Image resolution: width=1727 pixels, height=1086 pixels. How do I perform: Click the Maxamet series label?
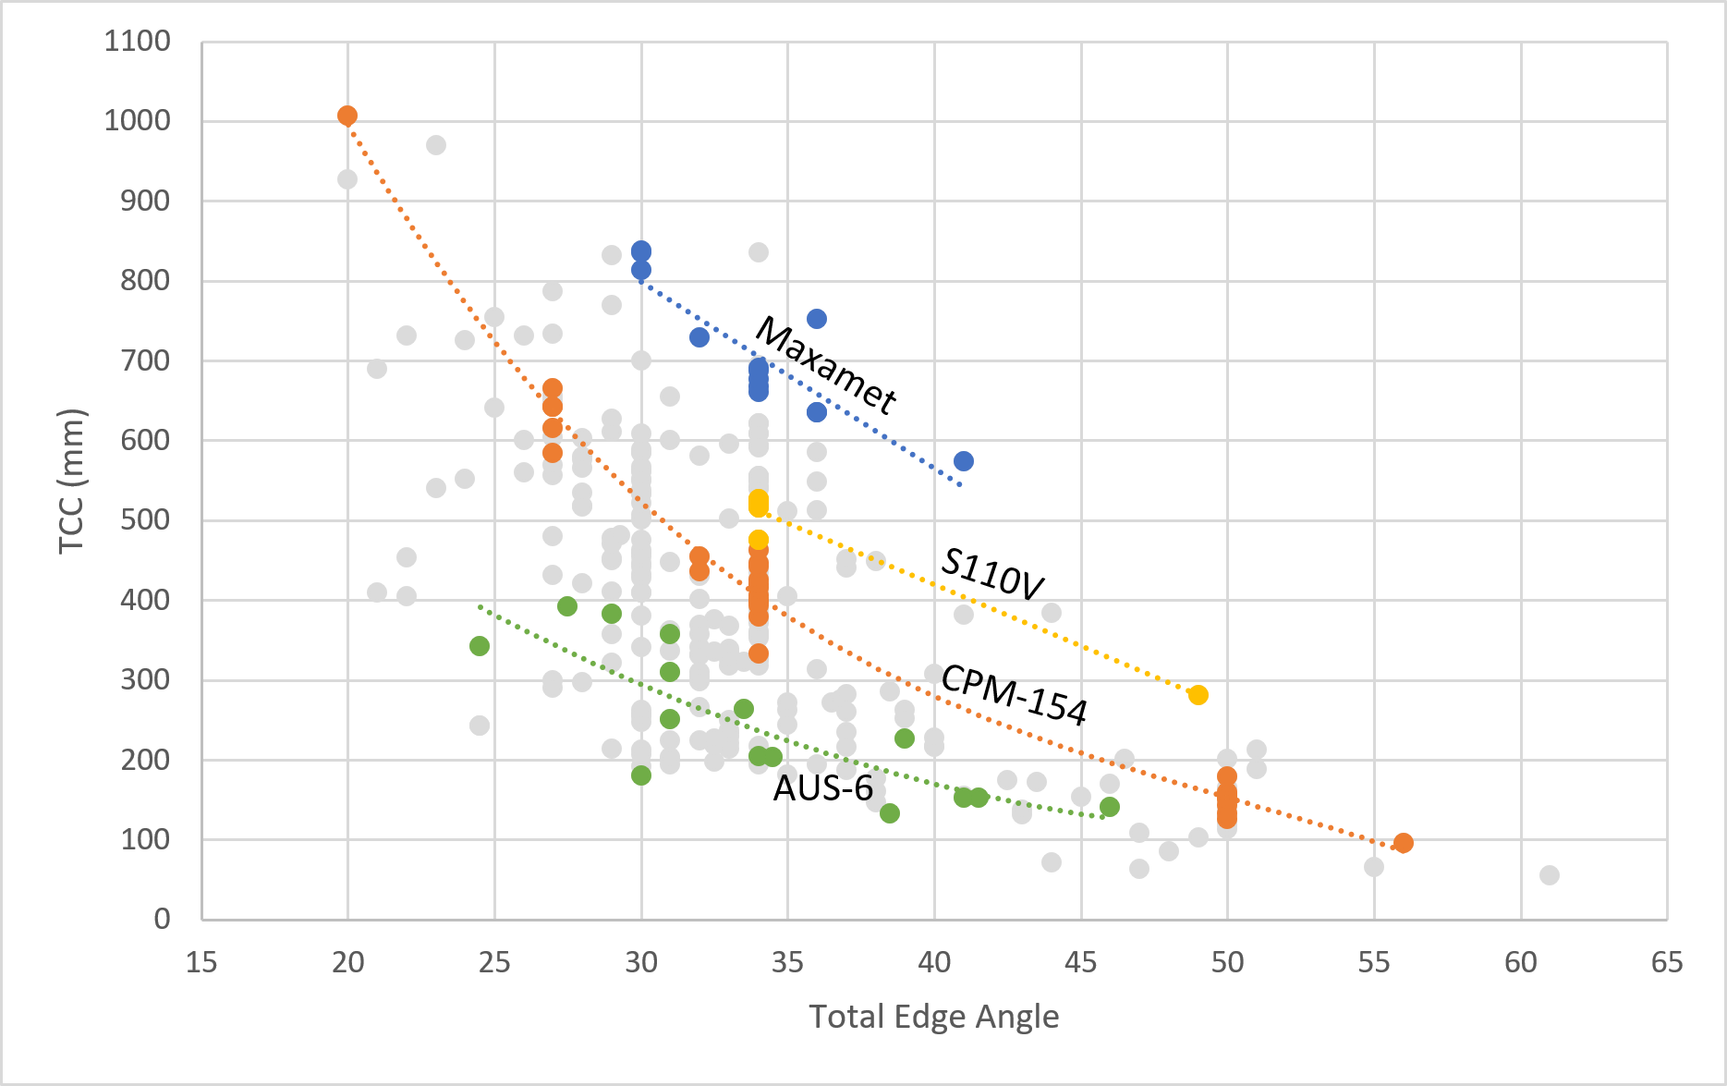tap(825, 366)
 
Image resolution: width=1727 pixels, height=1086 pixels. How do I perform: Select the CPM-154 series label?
tap(1014, 694)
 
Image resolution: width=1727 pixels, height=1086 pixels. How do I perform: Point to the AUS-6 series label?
tap(822, 788)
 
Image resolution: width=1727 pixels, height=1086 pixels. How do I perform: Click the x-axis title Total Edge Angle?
tap(933, 1017)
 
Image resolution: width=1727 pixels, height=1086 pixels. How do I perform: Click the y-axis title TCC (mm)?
tap(71, 481)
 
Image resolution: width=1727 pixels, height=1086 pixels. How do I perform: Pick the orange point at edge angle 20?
tap(347, 116)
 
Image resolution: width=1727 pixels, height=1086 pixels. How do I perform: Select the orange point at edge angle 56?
tap(1403, 843)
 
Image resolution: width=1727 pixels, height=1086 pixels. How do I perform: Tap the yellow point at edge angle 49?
tap(1198, 695)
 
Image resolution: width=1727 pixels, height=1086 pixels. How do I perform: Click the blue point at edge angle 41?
tap(963, 461)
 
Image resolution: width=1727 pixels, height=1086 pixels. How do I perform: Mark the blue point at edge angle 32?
tap(699, 337)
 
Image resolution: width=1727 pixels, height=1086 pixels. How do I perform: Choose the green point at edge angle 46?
tap(1110, 807)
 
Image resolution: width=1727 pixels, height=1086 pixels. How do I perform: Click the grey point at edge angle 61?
tap(1550, 875)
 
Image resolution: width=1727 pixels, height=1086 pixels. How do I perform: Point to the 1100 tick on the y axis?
tap(138, 42)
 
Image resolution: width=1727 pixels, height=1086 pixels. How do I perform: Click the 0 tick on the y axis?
tap(162, 919)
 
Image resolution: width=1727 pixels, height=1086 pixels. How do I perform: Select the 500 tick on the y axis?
tap(145, 519)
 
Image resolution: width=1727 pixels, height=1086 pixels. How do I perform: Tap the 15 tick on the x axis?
tap(201, 963)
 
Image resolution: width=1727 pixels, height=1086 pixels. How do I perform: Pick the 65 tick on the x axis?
tap(1667, 963)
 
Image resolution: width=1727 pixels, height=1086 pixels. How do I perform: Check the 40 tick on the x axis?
tap(934, 963)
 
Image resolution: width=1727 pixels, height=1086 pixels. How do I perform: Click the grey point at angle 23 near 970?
tap(436, 145)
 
